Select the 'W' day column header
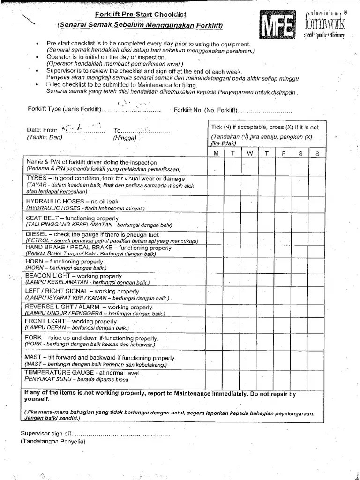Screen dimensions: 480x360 click(x=250, y=153)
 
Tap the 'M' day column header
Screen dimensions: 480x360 click(x=216, y=153)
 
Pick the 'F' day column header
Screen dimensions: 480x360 click(x=283, y=153)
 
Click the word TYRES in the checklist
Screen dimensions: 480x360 click(x=36, y=178)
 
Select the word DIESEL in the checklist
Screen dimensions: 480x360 click(x=36, y=234)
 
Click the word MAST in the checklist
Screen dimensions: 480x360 click(x=33, y=357)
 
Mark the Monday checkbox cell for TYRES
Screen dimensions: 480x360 click(x=216, y=185)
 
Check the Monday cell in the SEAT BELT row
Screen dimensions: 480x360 click(x=216, y=221)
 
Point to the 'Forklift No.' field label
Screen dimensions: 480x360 click(x=191, y=111)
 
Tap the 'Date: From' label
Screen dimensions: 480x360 click(x=42, y=130)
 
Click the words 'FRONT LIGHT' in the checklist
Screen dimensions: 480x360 click(x=45, y=322)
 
